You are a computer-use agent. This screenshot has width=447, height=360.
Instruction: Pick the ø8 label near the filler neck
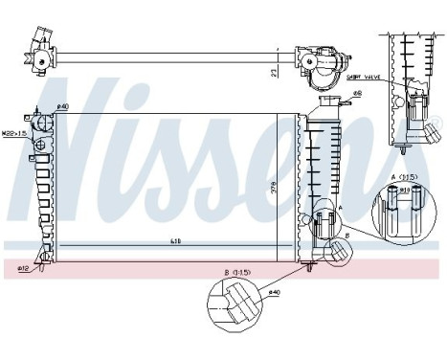pos(355,93)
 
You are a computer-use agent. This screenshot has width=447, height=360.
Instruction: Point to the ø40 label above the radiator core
pos(63,107)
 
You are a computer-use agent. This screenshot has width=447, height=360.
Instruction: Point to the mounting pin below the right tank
pos(311,268)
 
